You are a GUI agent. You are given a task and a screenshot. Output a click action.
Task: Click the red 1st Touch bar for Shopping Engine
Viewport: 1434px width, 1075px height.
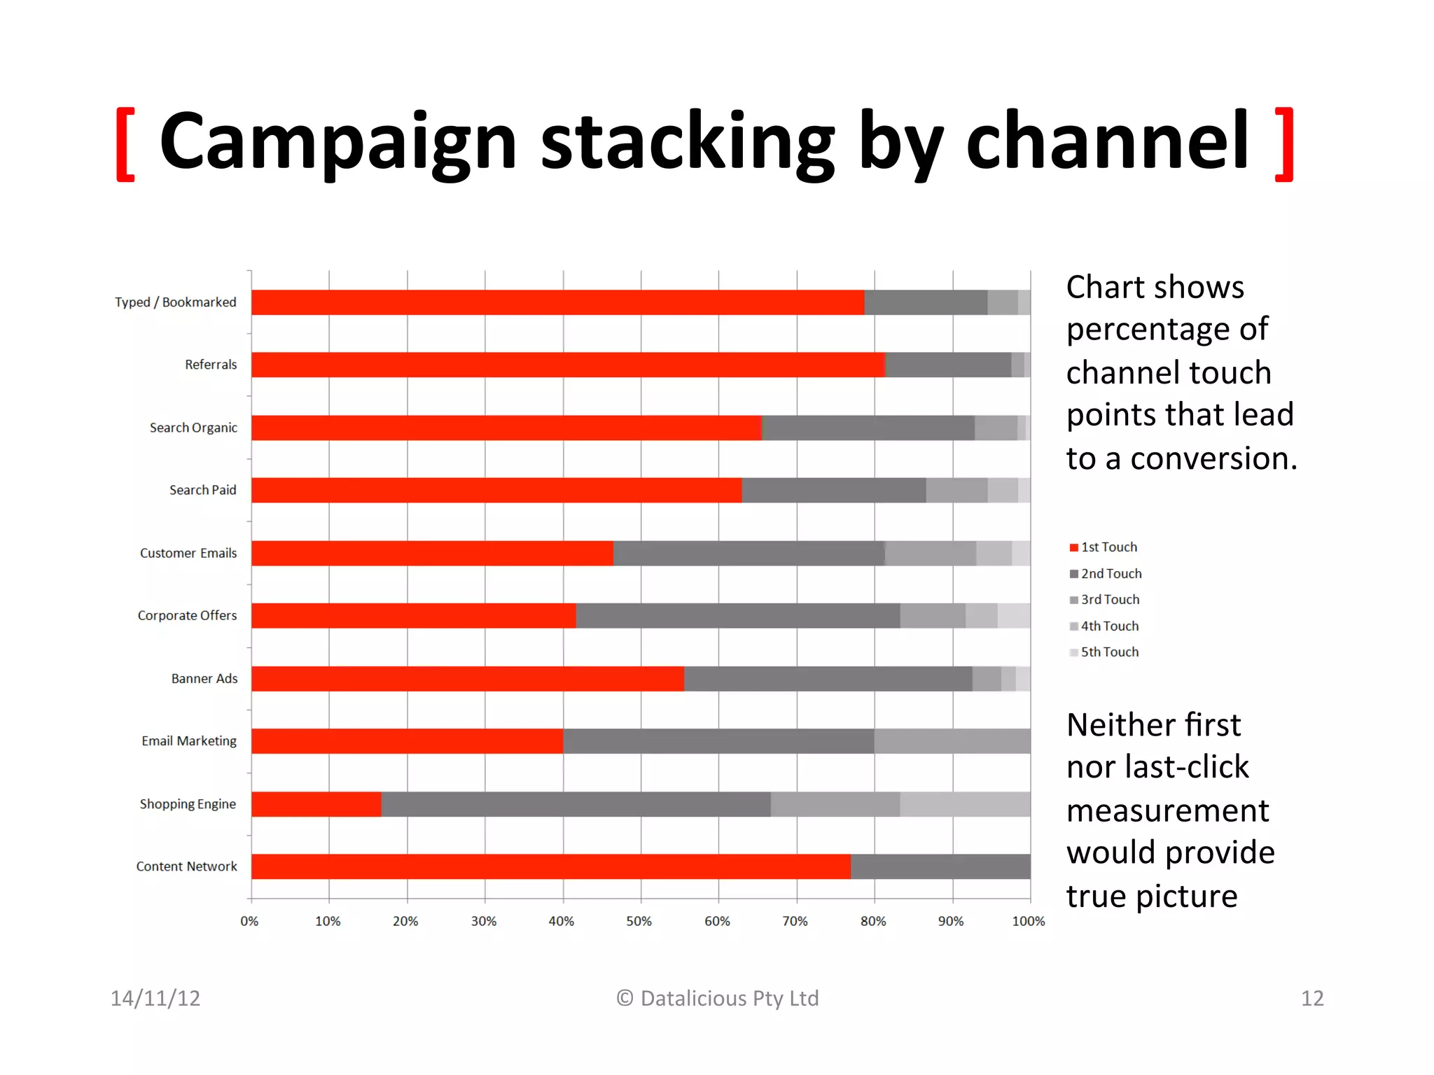click(316, 804)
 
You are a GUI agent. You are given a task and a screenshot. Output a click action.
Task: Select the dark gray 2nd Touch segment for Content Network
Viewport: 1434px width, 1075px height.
click(940, 866)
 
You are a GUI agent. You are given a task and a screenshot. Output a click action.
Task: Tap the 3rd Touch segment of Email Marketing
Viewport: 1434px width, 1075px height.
click(952, 741)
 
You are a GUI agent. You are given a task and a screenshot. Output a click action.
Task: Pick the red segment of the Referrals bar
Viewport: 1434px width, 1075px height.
click(567, 365)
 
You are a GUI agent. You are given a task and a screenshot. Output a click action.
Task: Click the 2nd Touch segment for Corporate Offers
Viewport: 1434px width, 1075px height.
click(737, 616)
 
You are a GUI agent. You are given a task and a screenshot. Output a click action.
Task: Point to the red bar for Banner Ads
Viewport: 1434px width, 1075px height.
click(467, 679)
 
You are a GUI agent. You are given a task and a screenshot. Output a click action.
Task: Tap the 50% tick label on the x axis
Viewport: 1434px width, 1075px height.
click(639, 922)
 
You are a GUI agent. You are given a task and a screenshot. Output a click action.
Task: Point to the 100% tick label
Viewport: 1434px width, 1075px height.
click(1028, 922)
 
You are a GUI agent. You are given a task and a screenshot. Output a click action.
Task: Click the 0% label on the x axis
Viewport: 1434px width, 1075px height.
click(249, 922)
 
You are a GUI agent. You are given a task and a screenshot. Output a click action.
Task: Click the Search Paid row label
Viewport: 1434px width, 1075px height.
click(202, 490)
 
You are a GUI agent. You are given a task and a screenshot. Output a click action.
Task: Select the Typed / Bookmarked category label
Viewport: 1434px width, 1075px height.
click(176, 302)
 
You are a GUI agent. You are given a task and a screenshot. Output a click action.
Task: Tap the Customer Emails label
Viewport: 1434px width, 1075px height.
click(188, 553)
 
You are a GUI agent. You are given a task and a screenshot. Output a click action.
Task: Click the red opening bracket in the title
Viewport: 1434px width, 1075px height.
click(125, 144)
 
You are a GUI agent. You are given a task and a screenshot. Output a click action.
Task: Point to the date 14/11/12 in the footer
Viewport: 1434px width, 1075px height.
click(155, 998)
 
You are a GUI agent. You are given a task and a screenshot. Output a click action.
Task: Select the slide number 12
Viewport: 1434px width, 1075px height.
click(1312, 998)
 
